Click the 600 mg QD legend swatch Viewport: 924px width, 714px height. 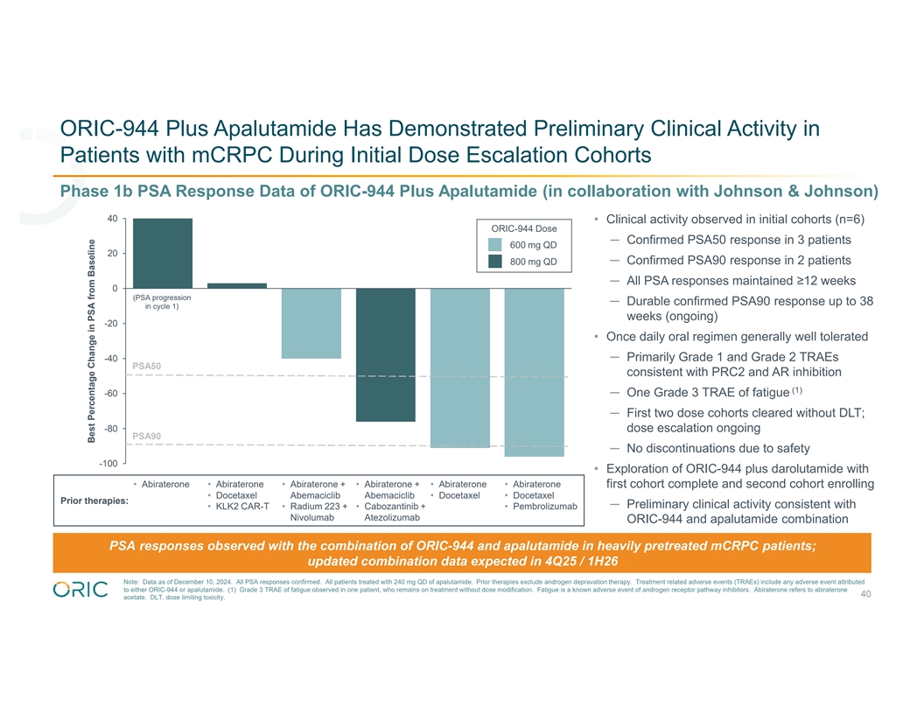(x=495, y=245)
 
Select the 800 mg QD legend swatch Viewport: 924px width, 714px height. (x=495, y=262)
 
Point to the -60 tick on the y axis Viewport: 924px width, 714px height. (x=111, y=394)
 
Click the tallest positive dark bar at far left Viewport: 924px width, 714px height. (x=163, y=253)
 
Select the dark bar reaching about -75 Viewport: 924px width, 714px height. (x=386, y=354)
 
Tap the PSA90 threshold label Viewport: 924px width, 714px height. (x=146, y=436)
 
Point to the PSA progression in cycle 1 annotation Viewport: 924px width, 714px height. (x=162, y=302)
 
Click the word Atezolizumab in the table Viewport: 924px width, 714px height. (x=392, y=518)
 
